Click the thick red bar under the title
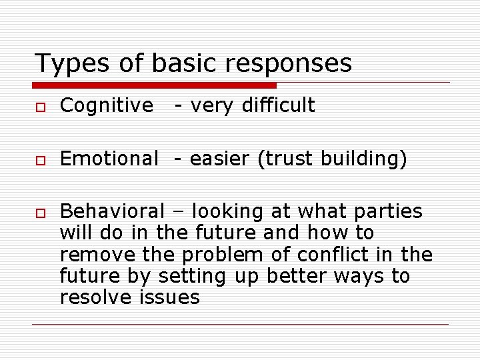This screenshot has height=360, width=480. [x=155, y=85]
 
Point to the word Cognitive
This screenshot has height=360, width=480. [x=106, y=105]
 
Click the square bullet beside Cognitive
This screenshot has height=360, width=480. [x=41, y=107]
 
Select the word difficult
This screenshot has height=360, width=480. [x=279, y=105]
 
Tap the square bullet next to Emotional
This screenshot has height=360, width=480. [x=41, y=160]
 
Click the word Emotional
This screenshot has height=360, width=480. [x=109, y=159]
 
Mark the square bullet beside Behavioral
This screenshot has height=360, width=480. [x=41, y=213]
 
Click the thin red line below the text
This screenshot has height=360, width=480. [x=240, y=325]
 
